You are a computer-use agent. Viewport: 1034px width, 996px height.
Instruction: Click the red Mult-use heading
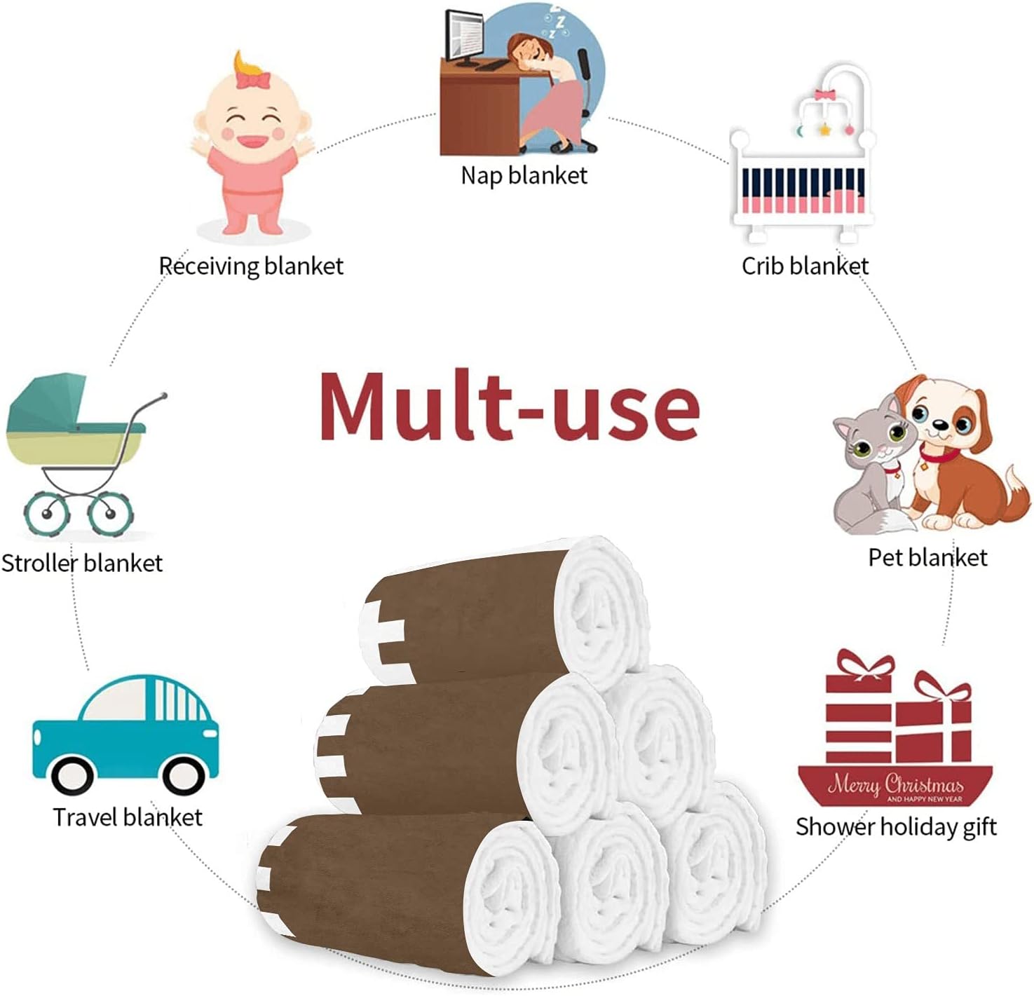point(509,406)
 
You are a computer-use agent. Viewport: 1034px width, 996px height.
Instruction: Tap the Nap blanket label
point(524,176)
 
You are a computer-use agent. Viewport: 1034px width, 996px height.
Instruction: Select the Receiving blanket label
point(252,266)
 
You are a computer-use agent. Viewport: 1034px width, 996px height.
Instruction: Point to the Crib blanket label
point(805,266)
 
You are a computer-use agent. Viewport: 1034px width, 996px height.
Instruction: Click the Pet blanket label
point(927,557)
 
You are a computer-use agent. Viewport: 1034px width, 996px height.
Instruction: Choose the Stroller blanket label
point(82,563)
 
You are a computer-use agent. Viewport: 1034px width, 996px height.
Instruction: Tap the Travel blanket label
point(128,817)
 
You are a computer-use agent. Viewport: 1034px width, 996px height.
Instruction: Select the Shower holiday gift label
point(896,827)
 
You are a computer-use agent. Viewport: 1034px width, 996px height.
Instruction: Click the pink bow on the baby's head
point(253,80)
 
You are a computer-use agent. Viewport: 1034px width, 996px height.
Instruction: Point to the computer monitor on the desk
point(463,36)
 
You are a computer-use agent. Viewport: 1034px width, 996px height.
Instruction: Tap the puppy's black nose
point(940,425)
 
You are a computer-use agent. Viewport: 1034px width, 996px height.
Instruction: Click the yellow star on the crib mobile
point(824,129)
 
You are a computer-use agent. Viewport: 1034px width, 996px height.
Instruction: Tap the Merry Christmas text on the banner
point(895,784)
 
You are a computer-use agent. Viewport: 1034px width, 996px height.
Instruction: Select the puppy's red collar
point(939,454)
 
